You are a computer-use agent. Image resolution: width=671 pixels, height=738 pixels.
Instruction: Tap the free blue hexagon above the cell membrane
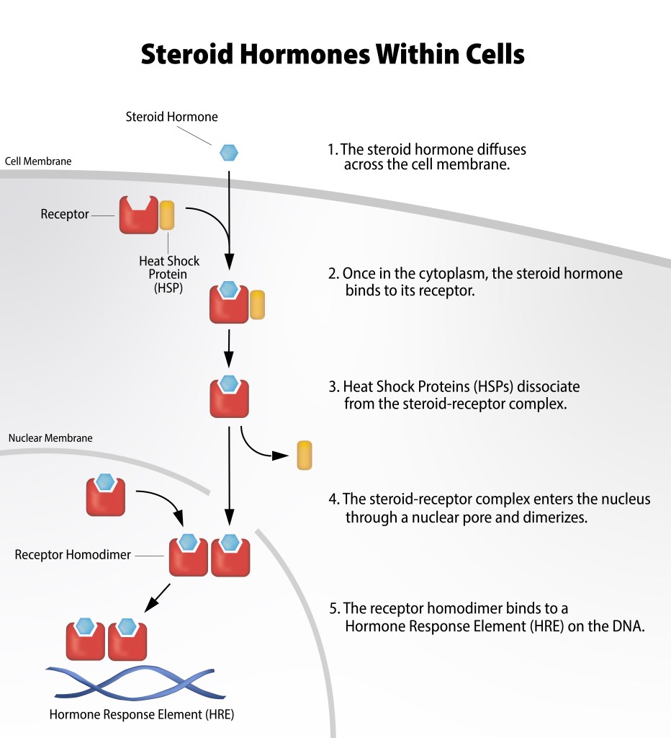pos(228,152)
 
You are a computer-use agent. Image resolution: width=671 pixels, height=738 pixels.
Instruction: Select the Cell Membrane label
pos(38,161)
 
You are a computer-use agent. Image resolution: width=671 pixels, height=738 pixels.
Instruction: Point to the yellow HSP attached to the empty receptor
pos(166,215)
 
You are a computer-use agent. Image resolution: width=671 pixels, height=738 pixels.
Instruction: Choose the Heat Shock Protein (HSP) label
pos(169,274)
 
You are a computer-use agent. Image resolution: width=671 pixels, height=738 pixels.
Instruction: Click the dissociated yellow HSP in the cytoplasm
pos(305,455)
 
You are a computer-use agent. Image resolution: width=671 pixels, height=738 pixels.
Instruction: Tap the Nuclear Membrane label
pos(50,437)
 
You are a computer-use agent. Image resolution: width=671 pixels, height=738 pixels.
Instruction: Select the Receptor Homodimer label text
pos(73,555)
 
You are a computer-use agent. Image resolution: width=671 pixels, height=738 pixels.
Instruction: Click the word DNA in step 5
pos(630,626)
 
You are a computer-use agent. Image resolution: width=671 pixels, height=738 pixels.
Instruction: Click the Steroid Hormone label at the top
pos(171,116)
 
